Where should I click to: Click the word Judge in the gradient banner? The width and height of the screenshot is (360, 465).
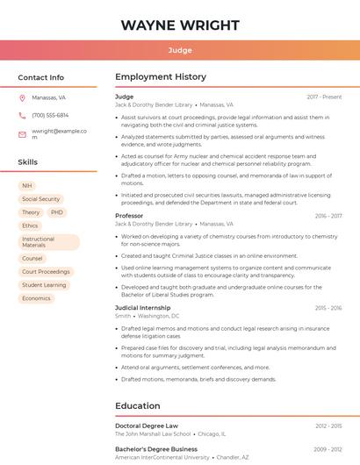(x=180, y=50)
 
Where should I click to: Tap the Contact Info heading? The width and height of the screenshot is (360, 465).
(x=41, y=77)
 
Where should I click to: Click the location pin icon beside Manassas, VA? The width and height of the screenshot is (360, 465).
(x=22, y=97)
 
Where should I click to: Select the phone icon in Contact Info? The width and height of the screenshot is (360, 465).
(x=22, y=115)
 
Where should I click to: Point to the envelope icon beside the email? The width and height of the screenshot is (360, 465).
(x=22, y=134)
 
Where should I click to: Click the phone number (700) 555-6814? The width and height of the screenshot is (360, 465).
(x=50, y=115)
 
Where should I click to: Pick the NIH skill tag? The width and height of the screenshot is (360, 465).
(x=27, y=186)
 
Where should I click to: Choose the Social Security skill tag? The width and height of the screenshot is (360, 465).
(x=40, y=199)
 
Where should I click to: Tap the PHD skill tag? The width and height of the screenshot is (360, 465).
(x=57, y=212)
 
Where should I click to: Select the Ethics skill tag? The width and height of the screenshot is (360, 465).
(x=30, y=225)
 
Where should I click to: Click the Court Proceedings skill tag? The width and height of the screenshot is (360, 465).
(x=46, y=272)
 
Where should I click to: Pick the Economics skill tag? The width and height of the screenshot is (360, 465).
(x=36, y=298)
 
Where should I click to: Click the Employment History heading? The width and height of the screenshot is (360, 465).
(x=161, y=77)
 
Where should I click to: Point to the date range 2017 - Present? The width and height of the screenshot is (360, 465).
(x=324, y=97)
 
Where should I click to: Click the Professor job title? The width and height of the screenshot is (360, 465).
(x=129, y=216)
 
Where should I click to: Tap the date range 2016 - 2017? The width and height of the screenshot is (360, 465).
(x=328, y=216)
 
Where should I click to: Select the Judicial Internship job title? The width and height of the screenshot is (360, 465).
(x=143, y=308)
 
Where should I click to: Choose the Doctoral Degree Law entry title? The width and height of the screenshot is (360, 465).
(x=147, y=426)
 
